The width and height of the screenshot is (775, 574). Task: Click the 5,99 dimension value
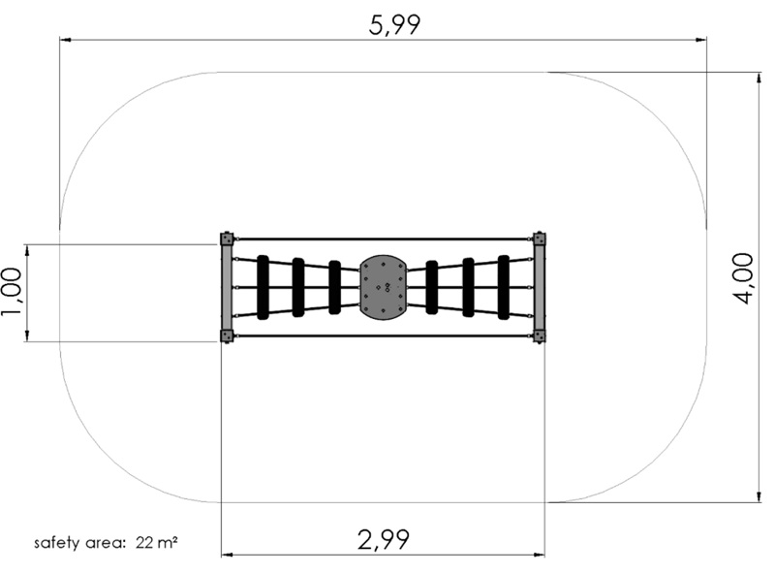click(x=394, y=25)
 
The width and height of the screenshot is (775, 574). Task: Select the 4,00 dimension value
click(x=742, y=278)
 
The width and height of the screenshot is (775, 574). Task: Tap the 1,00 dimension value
click(x=12, y=292)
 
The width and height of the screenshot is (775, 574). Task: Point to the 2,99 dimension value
click(x=383, y=539)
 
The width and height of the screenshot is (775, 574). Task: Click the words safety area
click(x=78, y=543)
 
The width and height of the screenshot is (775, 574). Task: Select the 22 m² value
click(x=157, y=542)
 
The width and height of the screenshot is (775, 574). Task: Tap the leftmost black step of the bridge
click(x=263, y=287)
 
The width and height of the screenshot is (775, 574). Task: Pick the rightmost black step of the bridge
click(x=504, y=287)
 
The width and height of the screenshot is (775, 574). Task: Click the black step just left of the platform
click(x=334, y=287)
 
